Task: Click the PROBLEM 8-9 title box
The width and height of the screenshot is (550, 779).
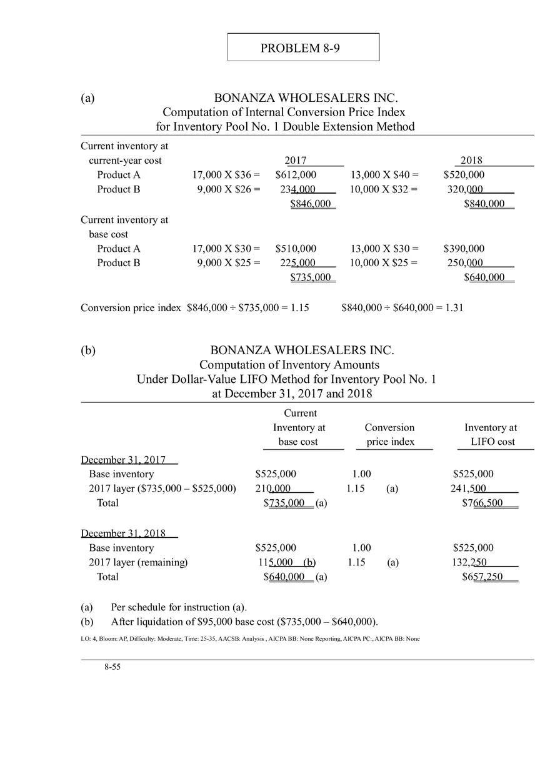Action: [x=303, y=47]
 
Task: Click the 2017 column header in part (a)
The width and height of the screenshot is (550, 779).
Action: [x=295, y=161]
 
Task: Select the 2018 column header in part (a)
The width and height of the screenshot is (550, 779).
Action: [x=471, y=161]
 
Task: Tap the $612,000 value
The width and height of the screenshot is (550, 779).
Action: [x=296, y=175]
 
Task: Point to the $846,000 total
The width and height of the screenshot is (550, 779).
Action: [x=311, y=204]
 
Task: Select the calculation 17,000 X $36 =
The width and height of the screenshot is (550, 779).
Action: [x=226, y=175]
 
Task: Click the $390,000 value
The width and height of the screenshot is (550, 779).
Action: [x=464, y=249]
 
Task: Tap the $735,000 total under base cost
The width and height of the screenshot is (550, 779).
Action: [x=311, y=277]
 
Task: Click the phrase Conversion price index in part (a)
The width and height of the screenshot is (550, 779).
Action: [x=131, y=307]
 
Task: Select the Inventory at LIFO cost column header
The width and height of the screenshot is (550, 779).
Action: [x=491, y=435]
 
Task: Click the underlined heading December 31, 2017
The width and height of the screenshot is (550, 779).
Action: [x=123, y=460]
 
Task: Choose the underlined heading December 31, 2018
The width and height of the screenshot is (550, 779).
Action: [x=123, y=533]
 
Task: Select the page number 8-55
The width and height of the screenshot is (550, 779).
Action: [x=112, y=667]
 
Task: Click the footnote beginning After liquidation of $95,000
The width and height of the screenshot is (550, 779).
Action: [x=244, y=622]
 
